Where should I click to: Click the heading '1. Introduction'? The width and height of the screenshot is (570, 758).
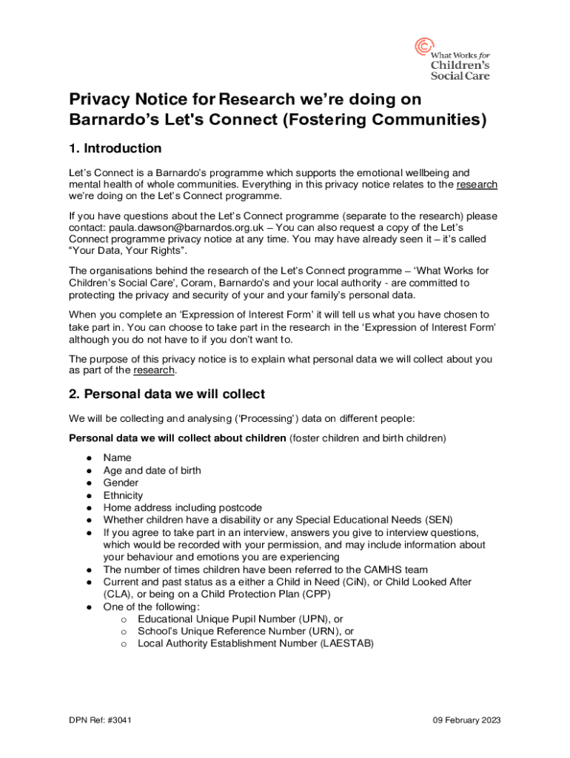coord(115,148)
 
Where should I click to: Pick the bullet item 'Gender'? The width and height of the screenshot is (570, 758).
coord(121,483)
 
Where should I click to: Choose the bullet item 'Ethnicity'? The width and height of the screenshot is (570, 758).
coord(123,495)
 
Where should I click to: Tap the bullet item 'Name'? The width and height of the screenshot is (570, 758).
coord(117,457)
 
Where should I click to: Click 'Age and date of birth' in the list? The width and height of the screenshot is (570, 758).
coord(152,470)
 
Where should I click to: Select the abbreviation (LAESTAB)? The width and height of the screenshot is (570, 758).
coord(347,643)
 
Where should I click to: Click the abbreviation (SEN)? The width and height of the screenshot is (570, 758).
coord(437,519)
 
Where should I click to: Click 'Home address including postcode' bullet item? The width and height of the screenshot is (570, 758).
coord(182,508)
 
